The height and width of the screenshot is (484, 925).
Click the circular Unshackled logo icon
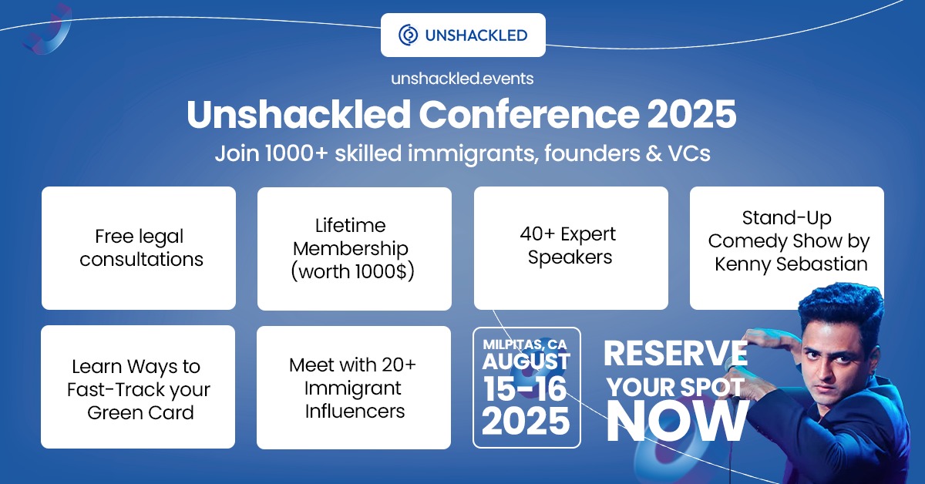(408, 35)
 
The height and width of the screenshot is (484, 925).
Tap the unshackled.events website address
(462, 79)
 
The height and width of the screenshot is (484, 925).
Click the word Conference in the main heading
(530, 114)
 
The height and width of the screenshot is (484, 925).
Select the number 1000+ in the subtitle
(296, 153)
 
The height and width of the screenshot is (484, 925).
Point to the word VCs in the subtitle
(689, 153)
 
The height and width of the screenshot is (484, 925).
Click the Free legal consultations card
(139, 248)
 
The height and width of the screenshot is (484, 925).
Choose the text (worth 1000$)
(353, 272)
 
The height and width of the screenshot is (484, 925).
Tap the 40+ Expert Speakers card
(571, 248)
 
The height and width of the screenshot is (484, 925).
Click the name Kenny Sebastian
(791, 264)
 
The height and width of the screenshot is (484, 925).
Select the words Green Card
(140, 412)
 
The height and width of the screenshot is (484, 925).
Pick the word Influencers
(355, 411)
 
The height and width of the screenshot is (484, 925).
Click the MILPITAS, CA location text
(525, 344)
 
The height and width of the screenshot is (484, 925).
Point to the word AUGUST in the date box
(526, 361)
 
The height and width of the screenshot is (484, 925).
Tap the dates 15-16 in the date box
(525, 389)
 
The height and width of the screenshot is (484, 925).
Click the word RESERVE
(675, 354)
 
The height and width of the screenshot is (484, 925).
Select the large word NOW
(678, 422)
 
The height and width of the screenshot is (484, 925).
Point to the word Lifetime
(350, 226)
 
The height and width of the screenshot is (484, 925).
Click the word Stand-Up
(787, 217)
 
